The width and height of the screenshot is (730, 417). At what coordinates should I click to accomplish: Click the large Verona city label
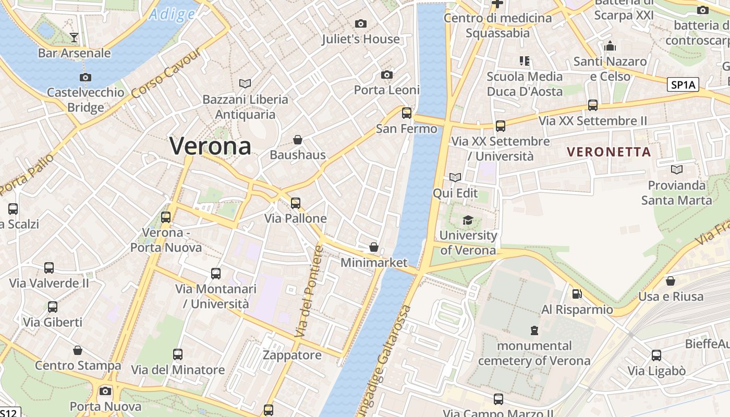[x=210, y=145]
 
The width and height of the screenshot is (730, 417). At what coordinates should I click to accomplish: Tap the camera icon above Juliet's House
[x=360, y=23]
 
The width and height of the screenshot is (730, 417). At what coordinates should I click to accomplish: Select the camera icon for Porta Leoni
[x=386, y=75]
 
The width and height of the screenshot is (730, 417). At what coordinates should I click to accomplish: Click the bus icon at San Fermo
[x=406, y=113]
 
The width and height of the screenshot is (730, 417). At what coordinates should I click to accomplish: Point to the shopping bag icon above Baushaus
[x=297, y=139]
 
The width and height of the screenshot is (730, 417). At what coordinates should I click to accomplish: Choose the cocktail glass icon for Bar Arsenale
[x=74, y=37]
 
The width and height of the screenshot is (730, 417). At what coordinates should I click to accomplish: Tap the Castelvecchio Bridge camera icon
[x=86, y=77]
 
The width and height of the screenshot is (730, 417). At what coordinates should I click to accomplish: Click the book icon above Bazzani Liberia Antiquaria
[x=245, y=83]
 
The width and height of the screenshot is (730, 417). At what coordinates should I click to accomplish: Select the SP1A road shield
[x=683, y=85]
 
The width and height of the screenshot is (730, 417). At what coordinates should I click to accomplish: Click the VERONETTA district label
[x=609, y=152]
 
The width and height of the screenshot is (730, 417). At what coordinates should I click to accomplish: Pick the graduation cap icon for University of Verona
[x=468, y=220]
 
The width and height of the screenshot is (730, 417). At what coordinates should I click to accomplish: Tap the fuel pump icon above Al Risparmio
[x=577, y=294]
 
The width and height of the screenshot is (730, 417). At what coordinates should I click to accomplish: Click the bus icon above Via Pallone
[x=295, y=203]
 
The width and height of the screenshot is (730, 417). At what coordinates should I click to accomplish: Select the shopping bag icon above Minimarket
[x=373, y=247]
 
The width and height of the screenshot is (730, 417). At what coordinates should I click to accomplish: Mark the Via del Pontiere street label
[x=309, y=292]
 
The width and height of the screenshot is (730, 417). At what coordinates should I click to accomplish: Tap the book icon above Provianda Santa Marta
[x=676, y=169]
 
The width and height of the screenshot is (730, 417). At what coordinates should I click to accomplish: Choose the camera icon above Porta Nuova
[x=105, y=391]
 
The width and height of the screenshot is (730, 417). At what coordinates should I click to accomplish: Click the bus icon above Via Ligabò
[x=656, y=355]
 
